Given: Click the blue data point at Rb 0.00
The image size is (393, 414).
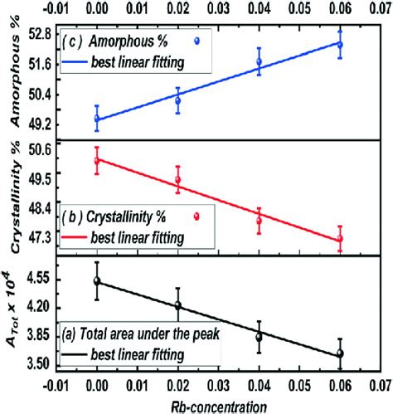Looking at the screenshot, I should click(x=97, y=119).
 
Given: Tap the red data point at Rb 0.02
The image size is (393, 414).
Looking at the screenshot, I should click(x=177, y=179).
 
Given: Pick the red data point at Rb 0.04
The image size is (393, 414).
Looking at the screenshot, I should click(x=259, y=221).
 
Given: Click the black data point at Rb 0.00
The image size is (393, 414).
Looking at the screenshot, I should click(x=97, y=281).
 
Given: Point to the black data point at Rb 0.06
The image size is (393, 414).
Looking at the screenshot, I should click(x=339, y=353).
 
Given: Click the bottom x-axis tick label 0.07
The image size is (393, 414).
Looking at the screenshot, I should click(x=379, y=387).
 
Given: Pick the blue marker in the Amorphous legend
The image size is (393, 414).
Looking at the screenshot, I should click(x=196, y=41).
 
